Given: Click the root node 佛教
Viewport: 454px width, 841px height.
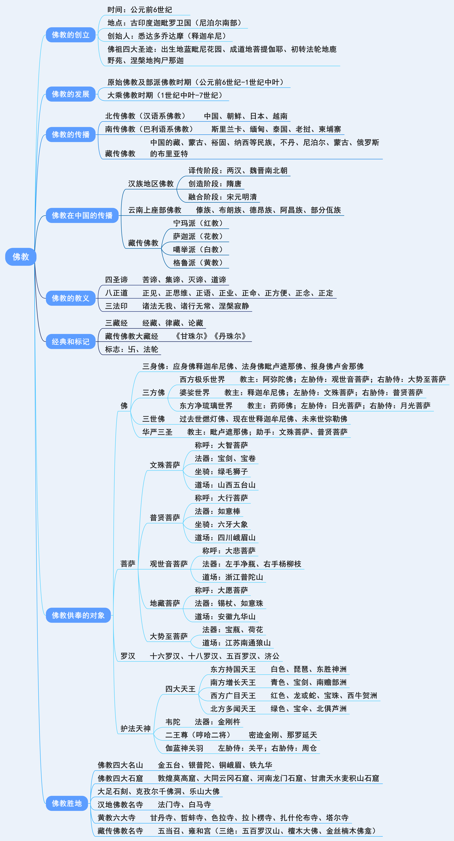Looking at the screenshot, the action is [x=21, y=257].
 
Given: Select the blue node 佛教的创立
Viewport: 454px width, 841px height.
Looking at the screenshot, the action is [x=71, y=35].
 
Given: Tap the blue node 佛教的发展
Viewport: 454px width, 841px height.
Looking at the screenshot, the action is [x=71, y=94].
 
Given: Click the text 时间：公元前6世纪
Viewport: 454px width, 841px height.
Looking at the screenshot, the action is [x=140, y=10].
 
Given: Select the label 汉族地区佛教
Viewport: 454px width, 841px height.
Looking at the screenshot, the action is [x=151, y=184].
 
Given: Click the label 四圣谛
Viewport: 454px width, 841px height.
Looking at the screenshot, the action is [x=116, y=280].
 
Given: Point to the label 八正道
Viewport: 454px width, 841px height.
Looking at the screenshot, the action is [x=116, y=293].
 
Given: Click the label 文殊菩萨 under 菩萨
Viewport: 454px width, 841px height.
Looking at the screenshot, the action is [x=165, y=465].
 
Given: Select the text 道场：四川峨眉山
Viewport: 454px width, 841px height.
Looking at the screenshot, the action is [x=225, y=537].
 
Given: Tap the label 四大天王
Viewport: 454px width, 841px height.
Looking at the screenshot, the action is [x=180, y=689].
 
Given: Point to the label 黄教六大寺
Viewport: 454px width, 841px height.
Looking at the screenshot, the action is [x=116, y=817].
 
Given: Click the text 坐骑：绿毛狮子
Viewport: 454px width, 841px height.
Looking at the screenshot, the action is [x=221, y=471].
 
